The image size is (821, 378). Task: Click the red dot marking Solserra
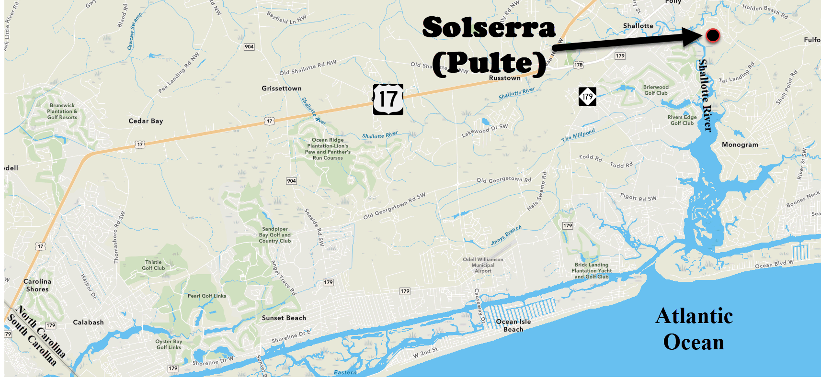[x=713, y=35]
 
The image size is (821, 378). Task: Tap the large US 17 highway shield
[x=388, y=100]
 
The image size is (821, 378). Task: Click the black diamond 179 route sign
[x=587, y=97]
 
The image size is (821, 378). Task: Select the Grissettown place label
[x=282, y=89]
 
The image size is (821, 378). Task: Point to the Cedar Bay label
[x=146, y=121]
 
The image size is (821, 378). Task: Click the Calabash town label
[x=88, y=322]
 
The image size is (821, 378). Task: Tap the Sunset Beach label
[x=284, y=318]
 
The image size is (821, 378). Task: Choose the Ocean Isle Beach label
[x=513, y=325]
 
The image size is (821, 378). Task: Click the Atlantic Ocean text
[x=694, y=329]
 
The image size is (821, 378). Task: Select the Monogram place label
[x=740, y=145]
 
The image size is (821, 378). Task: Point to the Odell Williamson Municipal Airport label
[x=483, y=265]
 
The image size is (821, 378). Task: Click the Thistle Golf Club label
[x=153, y=265]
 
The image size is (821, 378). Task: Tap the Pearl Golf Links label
[x=207, y=296]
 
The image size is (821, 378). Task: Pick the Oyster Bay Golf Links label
[x=169, y=345]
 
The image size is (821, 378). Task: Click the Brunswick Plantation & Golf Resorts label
[x=62, y=111]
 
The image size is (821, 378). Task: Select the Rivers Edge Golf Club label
[x=682, y=120]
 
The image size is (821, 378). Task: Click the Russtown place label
[x=505, y=78]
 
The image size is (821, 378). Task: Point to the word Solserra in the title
[x=489, y=27]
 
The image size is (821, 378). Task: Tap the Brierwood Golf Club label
[x=656, y=90]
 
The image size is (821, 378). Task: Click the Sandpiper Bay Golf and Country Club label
[x=275, y=235]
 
